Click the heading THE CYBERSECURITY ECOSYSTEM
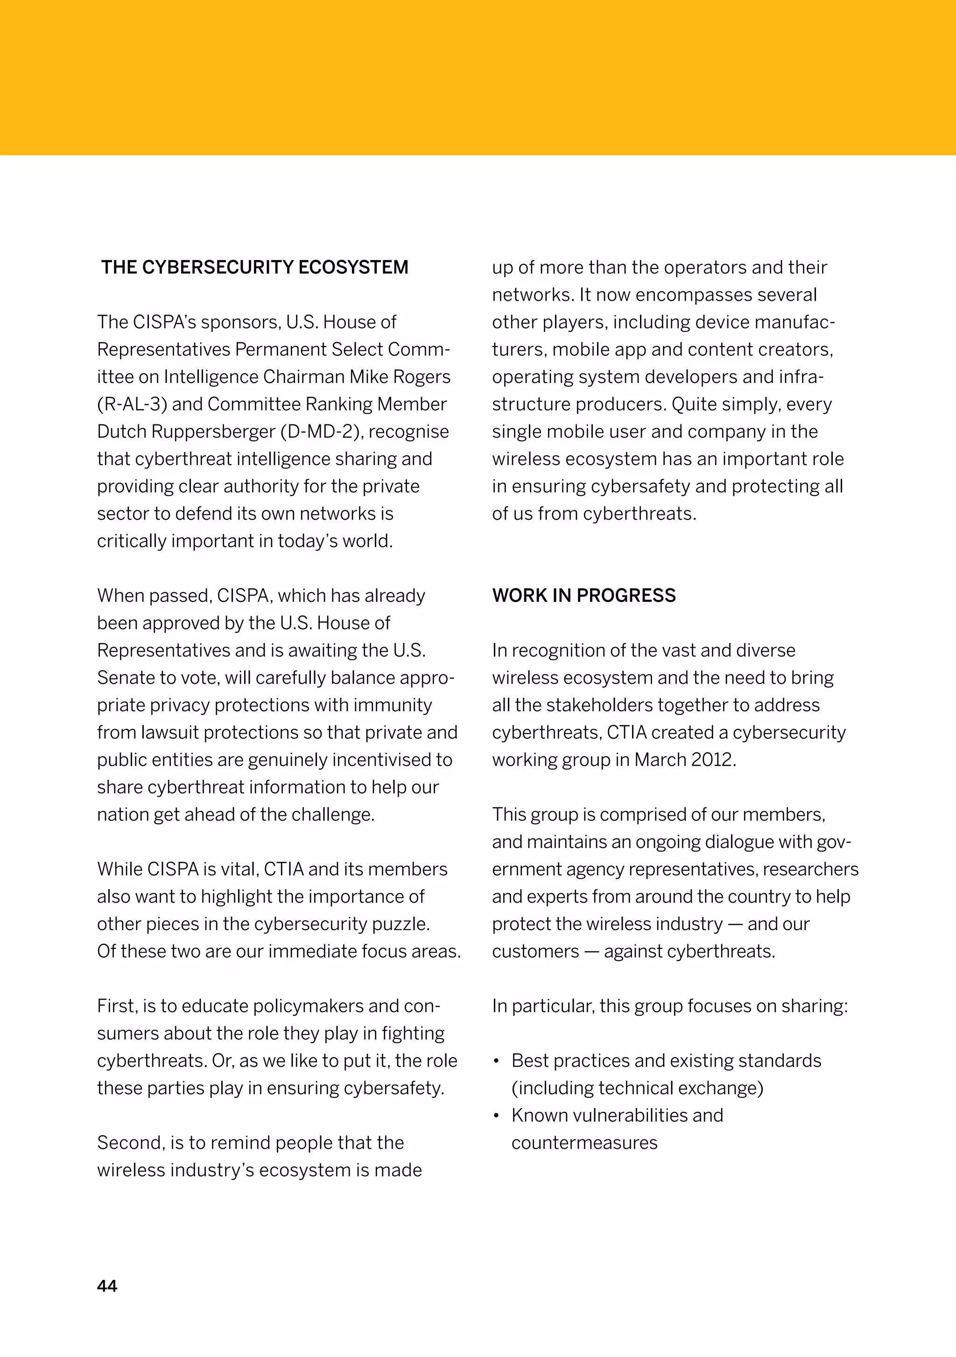[255, 267]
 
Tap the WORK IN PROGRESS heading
[584, 595]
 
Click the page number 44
[107, 1286]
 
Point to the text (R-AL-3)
[132, 404]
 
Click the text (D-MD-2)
[322, 431]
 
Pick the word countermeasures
[584, 1143]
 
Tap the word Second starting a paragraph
[131, 1143]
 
